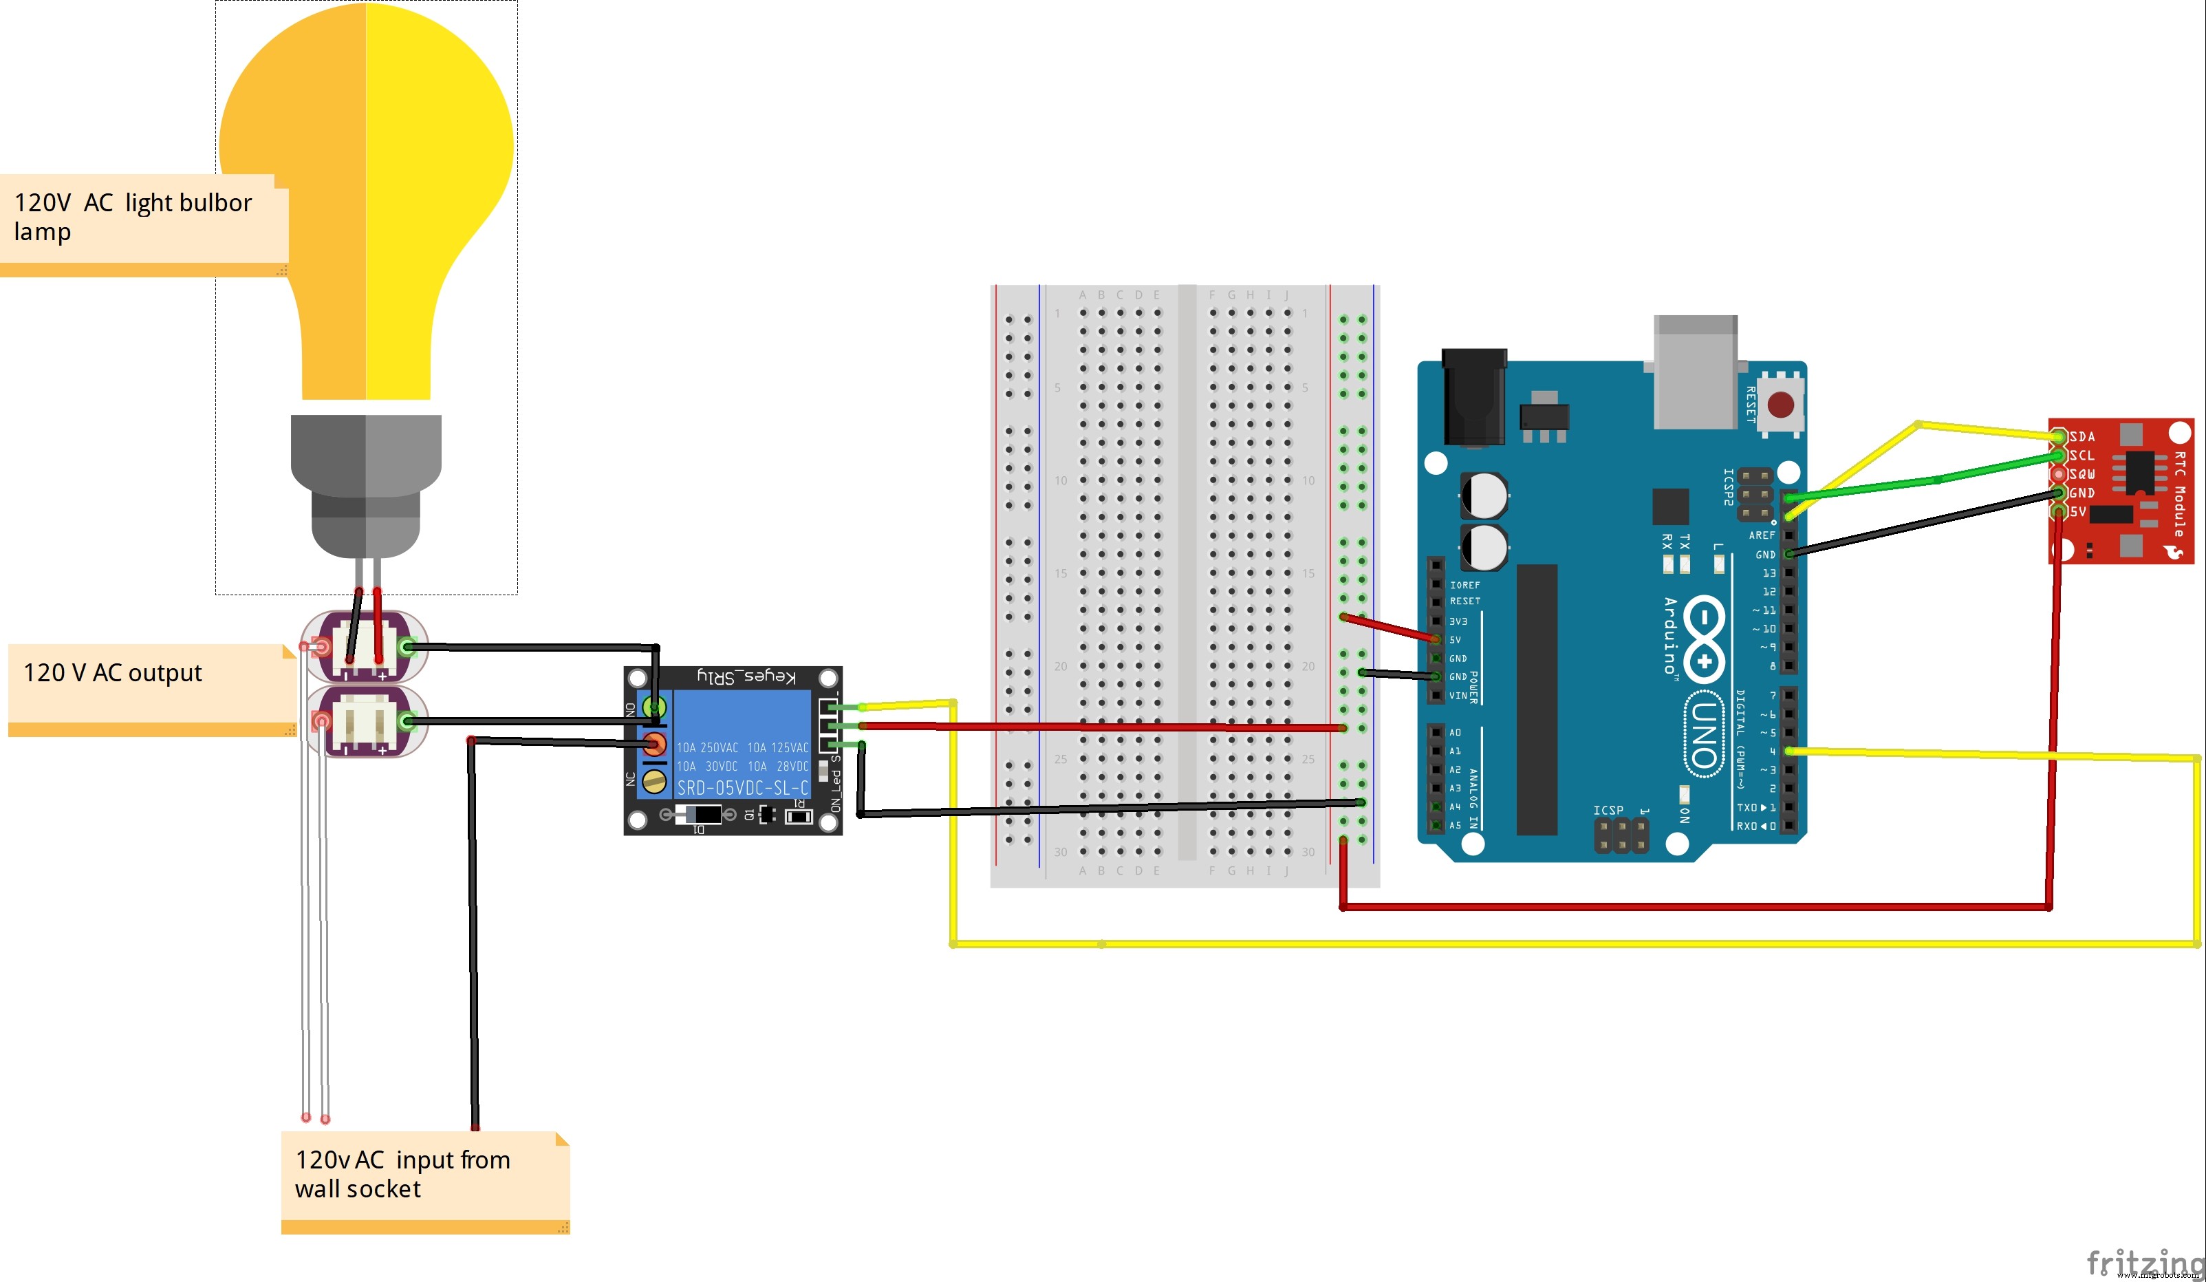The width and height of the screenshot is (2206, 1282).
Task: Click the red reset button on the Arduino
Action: click(1781, 405)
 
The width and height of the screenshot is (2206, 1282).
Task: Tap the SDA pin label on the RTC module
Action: click(2083, 436)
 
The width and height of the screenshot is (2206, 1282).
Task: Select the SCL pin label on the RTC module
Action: click(2083, 456)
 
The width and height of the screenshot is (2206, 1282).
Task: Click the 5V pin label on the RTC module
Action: click(2078, 511)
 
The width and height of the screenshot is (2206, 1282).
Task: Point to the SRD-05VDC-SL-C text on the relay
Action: click(742, 787)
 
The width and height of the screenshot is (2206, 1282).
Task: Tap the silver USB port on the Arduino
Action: click(1696, 372)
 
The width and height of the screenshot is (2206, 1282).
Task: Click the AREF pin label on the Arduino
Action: click(1762, 535)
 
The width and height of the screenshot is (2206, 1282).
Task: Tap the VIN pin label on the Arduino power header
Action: click(1458, 695)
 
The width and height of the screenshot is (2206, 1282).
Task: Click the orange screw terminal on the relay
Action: click(654, 745)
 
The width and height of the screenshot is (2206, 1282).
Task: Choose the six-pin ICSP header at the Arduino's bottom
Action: click(1621, 835)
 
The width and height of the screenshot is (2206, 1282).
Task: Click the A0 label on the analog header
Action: click(1455, 732)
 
